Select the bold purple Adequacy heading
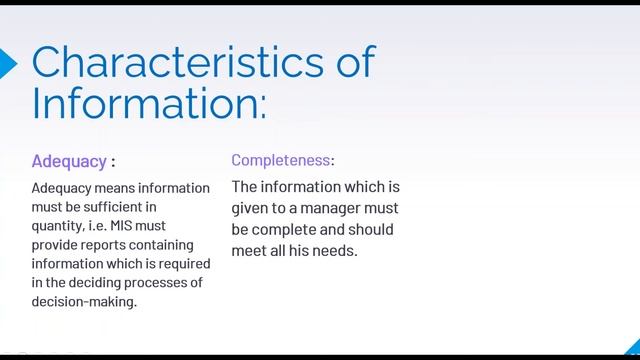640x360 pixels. tap(69, 160)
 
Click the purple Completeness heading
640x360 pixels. tap(282, 160)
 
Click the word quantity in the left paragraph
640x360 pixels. tap(59, 226)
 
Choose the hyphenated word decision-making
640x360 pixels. tap(84, 301)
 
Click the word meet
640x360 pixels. tap(250, 250)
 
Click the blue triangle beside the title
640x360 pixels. tap(8, 63)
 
